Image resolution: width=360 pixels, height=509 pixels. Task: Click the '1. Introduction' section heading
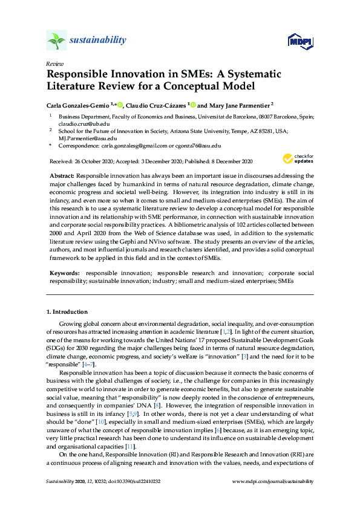67,312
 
